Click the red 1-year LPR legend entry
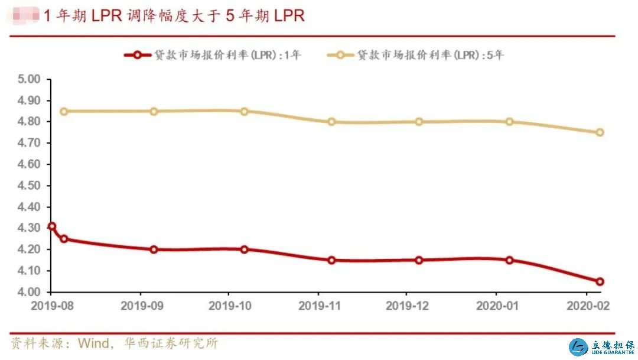coord(213,55)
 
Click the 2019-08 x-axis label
coord(51,307)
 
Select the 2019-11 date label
coord(318,307)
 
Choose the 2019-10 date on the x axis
coord(229,307)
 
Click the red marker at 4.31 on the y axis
coord(52,226)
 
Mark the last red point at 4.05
coord(600,281)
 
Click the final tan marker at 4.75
coord(600,132)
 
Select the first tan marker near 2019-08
coord(64,111)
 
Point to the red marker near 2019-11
coord(331,260)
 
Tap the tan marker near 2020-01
coord(509,122)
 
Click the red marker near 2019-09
coord(154,249)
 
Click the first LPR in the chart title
coord(106,15)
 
